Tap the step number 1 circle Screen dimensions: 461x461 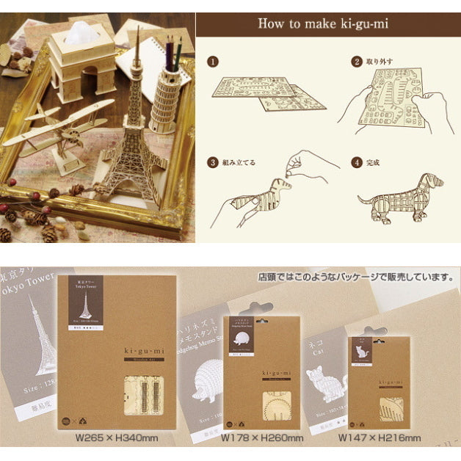214,63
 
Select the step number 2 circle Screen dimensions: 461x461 357,62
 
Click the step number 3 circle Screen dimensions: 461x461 214,162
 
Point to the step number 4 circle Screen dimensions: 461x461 357,162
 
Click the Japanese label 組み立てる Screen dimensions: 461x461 240,162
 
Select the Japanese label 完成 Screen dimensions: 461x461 374,162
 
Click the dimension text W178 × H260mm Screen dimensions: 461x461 262,438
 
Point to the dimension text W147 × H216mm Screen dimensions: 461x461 380,438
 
